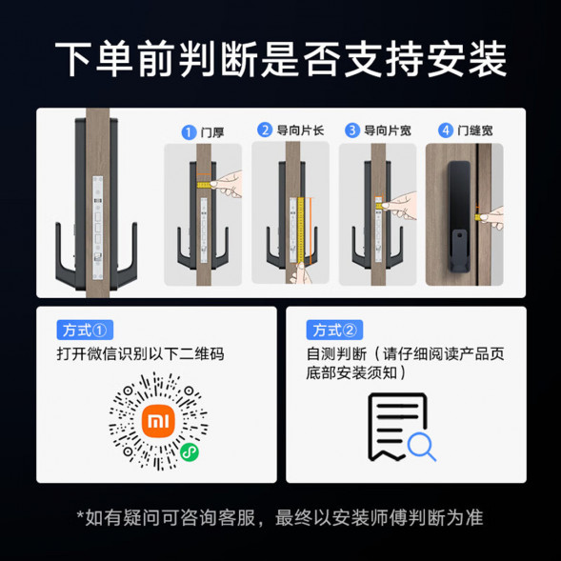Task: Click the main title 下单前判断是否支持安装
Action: tap(280, 59)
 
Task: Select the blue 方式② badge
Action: tap(336, 331)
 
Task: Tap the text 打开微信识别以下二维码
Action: tap(141, 354)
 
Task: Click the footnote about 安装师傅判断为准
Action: tap(280, 518)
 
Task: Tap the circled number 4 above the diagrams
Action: tap(446, 130)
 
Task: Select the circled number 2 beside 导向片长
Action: tap(265, 130)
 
